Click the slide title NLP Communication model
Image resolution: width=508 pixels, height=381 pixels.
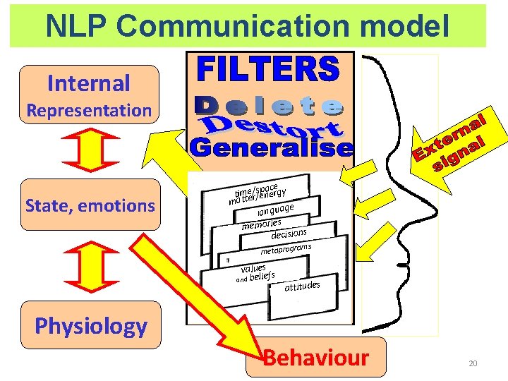(x=248, y=26)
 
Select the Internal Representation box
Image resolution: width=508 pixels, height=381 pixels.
(x=90, y=95)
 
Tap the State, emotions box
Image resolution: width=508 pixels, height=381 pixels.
(x=90, y=205)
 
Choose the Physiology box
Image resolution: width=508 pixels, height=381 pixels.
(x=91, y=325)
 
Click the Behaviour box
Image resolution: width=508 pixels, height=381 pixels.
(x=316, y=357)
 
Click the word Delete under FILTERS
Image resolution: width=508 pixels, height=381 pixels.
(x=269, y=107)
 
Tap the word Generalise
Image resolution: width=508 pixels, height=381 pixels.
(x=271, y=149)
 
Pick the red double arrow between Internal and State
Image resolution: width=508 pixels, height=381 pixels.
(x=89, y=150)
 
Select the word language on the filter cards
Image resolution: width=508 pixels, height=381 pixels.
(x=275, y=208)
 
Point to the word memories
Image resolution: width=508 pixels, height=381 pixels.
(x=261, y=224)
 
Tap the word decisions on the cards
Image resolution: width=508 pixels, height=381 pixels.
(x=289, y=234)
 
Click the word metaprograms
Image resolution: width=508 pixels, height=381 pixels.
(x=285, y=249)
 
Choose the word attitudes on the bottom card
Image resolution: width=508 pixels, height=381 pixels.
(x=302, y=286)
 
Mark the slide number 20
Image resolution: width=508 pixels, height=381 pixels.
(x=472, y=363)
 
